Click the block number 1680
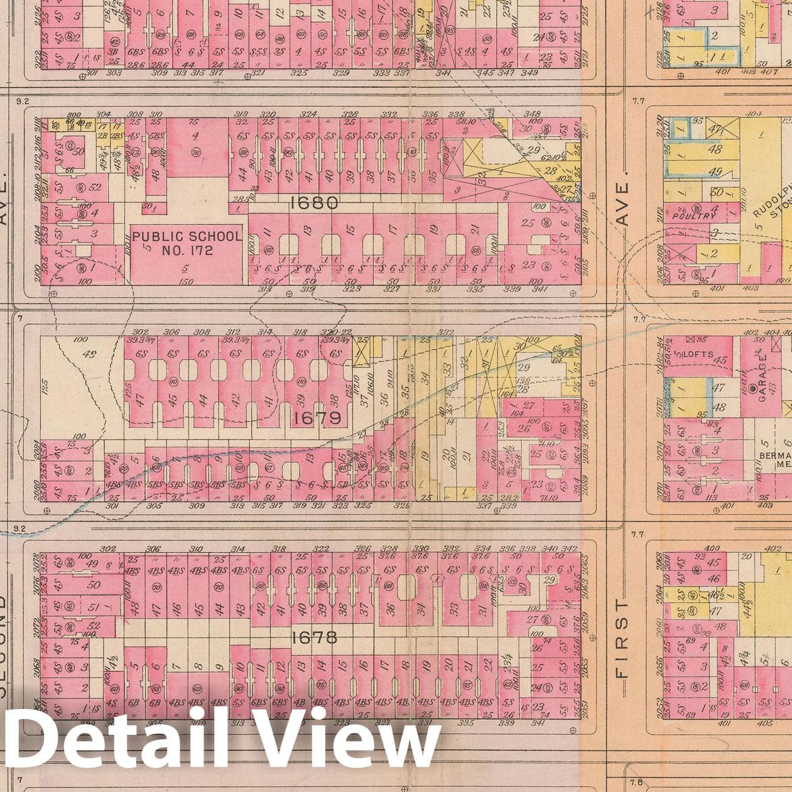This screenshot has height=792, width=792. (314, 203)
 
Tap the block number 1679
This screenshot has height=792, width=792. (317, 418)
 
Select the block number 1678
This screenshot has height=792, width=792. (314, 638)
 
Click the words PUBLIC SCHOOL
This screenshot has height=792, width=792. (187, 237)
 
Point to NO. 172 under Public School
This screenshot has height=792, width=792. (187, 251)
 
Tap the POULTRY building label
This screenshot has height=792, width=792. (693, 215)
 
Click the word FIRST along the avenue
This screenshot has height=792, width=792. (622, 637)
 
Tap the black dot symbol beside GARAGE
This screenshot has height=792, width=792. (753, 389)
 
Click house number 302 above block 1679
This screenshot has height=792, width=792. (141, 332)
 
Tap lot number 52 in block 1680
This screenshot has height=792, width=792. (95, 187)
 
